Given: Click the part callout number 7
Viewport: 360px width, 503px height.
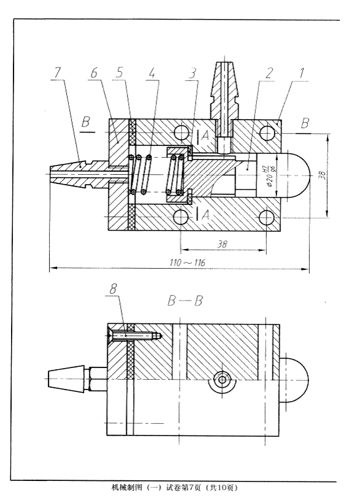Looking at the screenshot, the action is (57, 73).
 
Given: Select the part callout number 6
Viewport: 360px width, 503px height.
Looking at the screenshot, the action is (94, 73).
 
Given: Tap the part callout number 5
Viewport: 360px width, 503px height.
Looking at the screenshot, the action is (119, 73).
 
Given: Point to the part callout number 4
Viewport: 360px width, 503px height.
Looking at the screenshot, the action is (151, 73).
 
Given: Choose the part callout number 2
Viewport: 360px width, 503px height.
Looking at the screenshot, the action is (269, 74).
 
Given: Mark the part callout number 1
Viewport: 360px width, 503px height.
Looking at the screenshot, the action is (301, 73).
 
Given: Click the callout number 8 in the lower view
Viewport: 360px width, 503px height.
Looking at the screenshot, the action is (113, 290).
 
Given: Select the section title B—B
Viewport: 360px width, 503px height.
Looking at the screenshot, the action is (185, 301).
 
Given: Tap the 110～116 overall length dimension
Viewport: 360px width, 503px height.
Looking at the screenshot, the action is (188, 263).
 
